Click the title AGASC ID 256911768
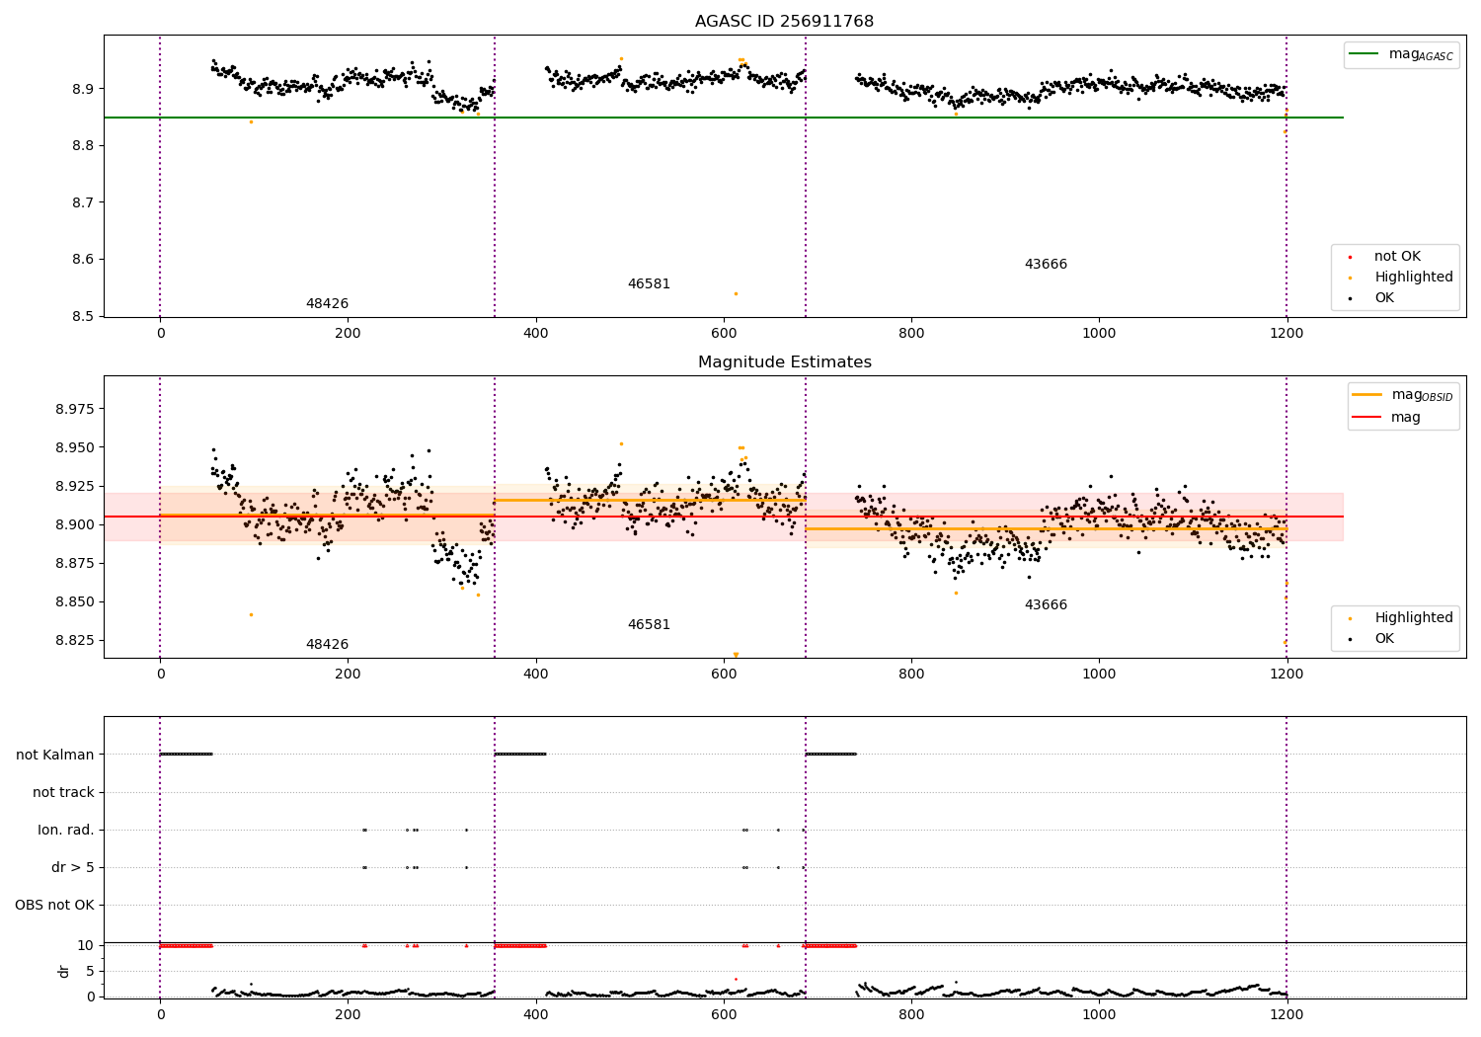784,22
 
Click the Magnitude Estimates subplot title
784,362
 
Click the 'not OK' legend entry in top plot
1397,257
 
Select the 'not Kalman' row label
55,755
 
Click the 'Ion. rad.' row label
66,830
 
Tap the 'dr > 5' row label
73,867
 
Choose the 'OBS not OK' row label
55,905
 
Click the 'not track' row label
63,792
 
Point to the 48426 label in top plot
327,304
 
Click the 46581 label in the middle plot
649,625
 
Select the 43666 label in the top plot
1046,265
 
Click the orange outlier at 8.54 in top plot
736,293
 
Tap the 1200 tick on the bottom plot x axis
1286,1015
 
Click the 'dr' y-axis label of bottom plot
64,971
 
